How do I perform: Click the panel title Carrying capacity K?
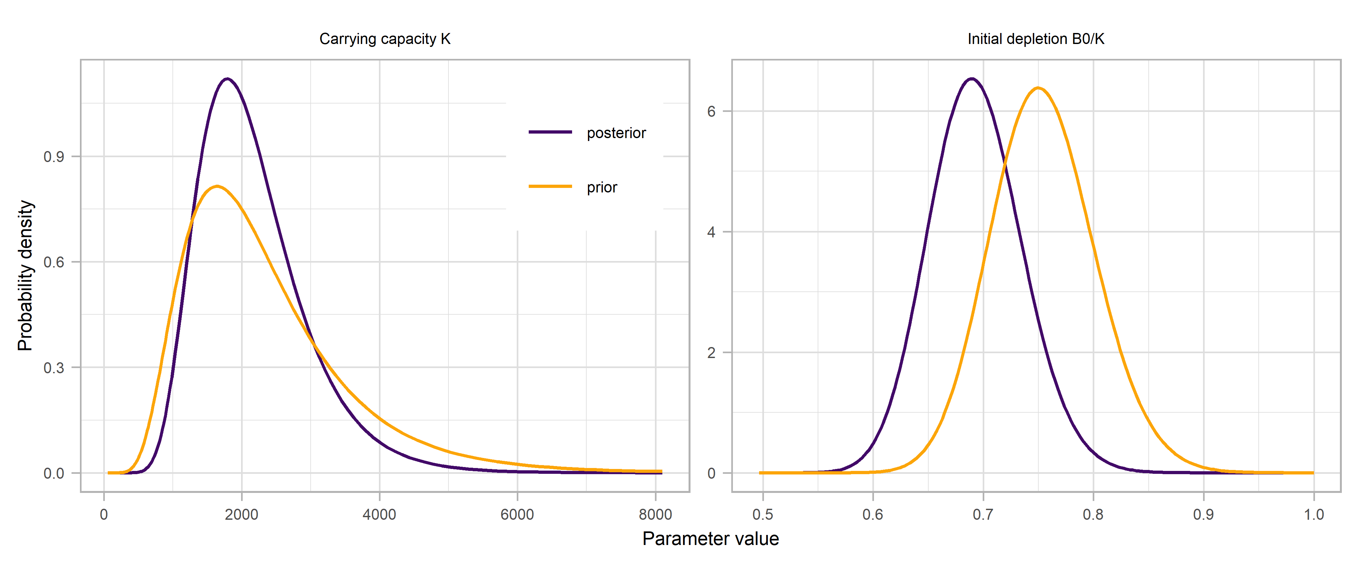pyautogui.click(x=385, y=39)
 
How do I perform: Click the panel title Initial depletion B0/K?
pyautogui.click(x=1036, y=39)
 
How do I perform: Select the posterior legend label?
pyautogui.click(x=616, y=133)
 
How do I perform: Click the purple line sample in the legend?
pyautogui.click(x=550, y=132)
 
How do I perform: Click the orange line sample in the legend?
pyautogui.click(x=550, y=186)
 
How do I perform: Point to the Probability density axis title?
pyautogui.click(x=25, y=275)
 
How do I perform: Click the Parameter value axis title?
pyautogui.click(x=710, y=539)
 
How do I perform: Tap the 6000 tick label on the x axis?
pyautogui.click(x=517, y=514)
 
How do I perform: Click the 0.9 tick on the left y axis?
pyautogui.click(x=54, y=157)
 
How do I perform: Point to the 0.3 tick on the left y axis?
pyautogui.click(x=54, y=368)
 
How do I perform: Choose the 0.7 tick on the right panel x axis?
pyautogui.click(x=983, y=514)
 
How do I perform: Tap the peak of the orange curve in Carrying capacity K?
pyautogui.click(x=217, y=186)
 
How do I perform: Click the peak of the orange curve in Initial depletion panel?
pyautogui.click(x=1038, y=88)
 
